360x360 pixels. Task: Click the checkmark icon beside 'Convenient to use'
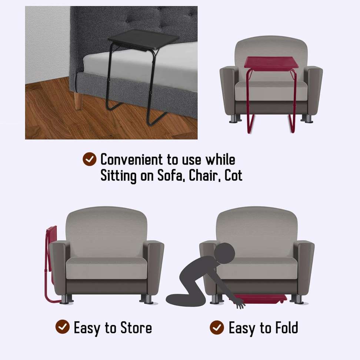click(x=89, y=160)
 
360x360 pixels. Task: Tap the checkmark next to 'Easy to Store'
click(x=63, y=327)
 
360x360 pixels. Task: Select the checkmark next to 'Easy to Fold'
click(x=217, y=327)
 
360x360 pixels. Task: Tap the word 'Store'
click(x=136, y=328)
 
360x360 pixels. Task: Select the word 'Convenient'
click(x=131, y=160)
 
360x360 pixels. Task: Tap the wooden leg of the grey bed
click(x=78, y=100)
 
